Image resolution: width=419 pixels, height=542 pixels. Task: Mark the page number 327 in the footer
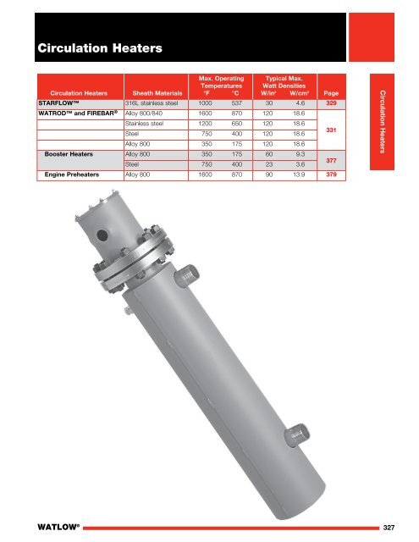[x=394, y=527]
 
